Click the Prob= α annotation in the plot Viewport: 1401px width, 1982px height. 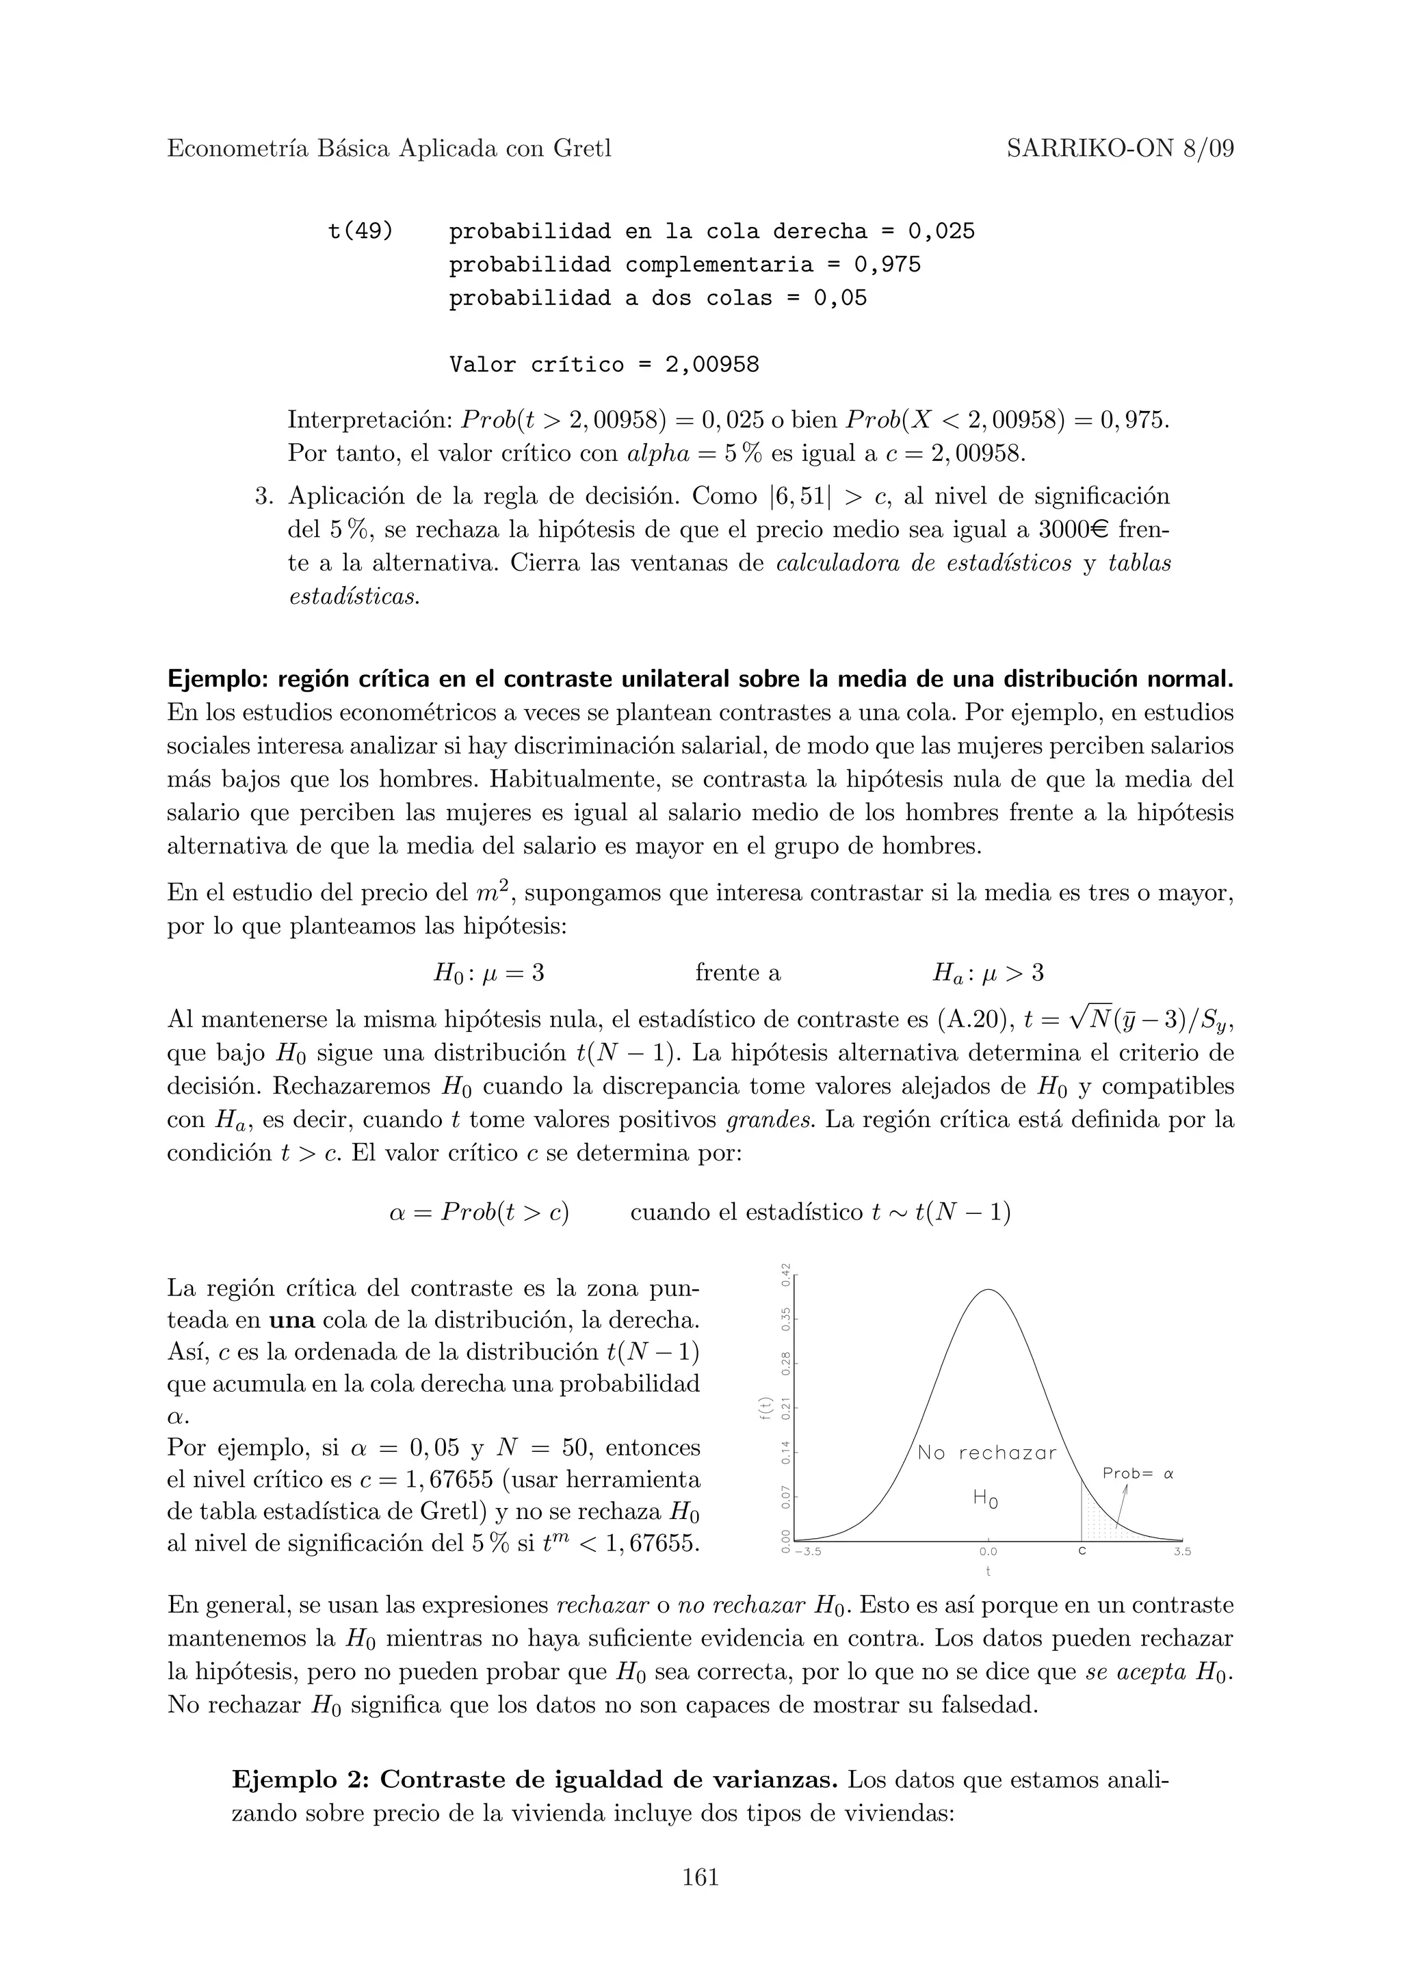[1138, 1475]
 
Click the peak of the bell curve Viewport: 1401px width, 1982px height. [989, 1291]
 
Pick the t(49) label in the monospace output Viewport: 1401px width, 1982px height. [360, 231]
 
